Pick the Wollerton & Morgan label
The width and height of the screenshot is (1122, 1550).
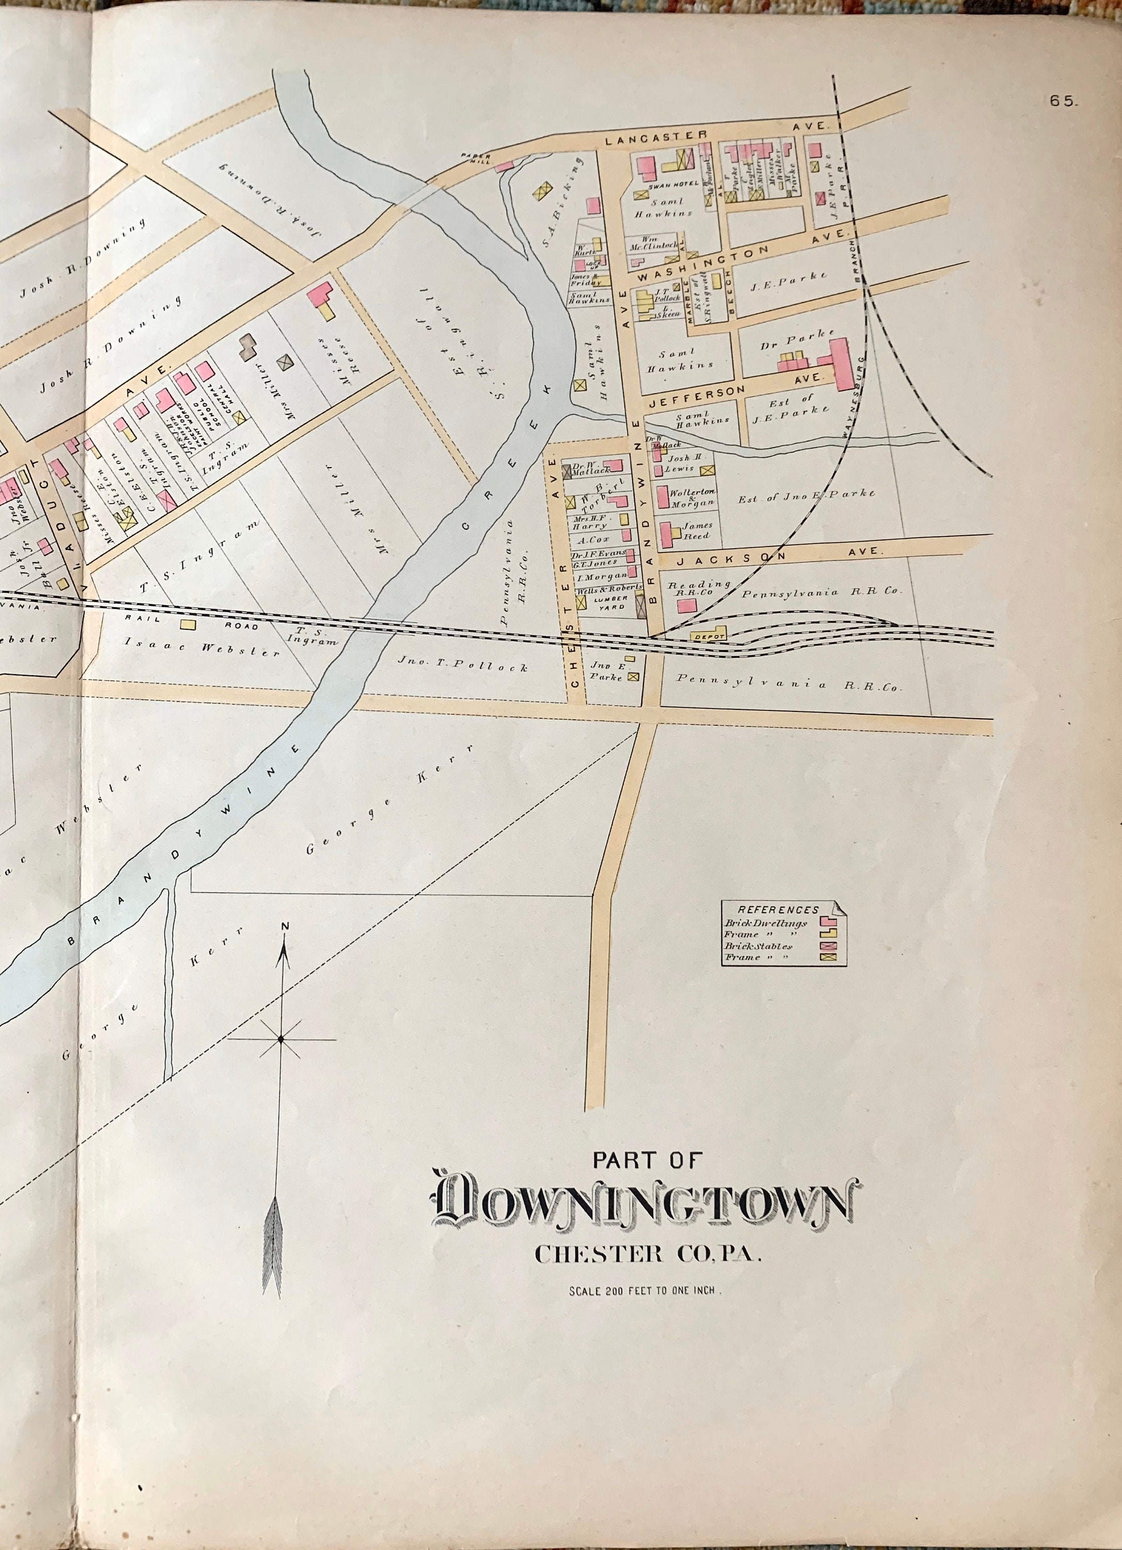(697, 497)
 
